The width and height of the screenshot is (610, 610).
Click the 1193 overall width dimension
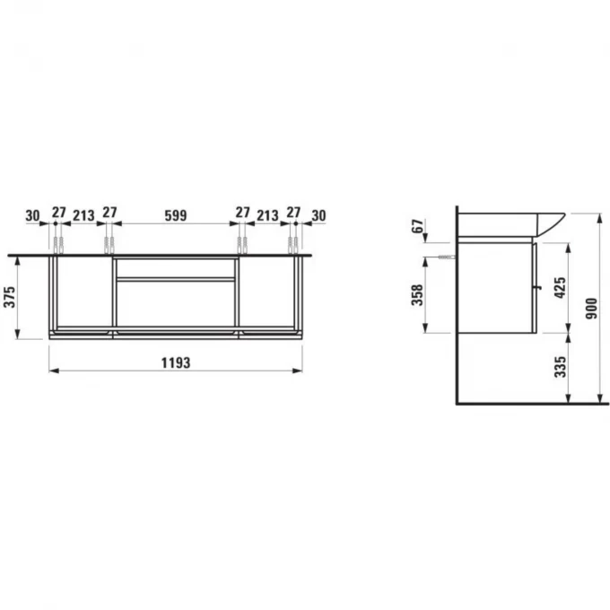(176, 362)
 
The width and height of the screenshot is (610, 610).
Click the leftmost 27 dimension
(58, 213)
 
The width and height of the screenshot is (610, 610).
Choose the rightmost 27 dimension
(293, 213)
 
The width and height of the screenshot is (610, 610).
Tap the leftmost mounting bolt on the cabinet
(57, 244)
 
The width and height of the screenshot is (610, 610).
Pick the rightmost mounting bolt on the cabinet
(293, 244)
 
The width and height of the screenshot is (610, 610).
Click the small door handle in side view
(538, 287)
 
